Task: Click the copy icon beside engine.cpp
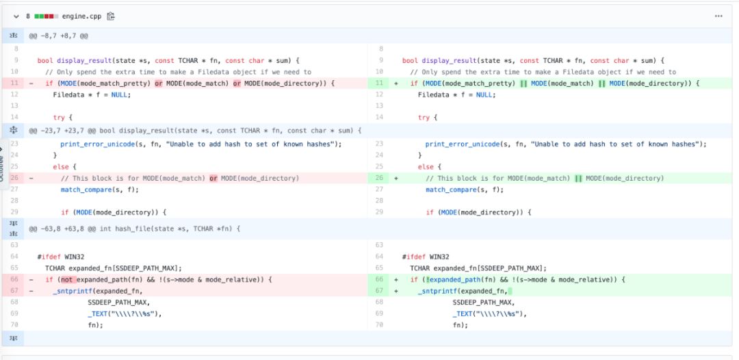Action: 110,16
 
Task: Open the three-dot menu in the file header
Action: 718,16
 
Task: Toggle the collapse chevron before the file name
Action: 16,16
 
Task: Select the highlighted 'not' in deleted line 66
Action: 66,280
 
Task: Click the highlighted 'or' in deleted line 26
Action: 213,179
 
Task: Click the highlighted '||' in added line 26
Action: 578,179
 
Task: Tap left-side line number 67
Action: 14,292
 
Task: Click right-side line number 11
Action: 378,83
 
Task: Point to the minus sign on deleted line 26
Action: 31,179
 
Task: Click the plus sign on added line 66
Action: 396,280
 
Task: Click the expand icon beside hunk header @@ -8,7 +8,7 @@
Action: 14,35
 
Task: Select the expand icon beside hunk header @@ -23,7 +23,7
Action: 14,130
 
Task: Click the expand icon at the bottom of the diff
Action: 14,338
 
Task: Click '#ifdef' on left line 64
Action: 48,257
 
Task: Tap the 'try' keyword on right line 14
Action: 424,118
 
